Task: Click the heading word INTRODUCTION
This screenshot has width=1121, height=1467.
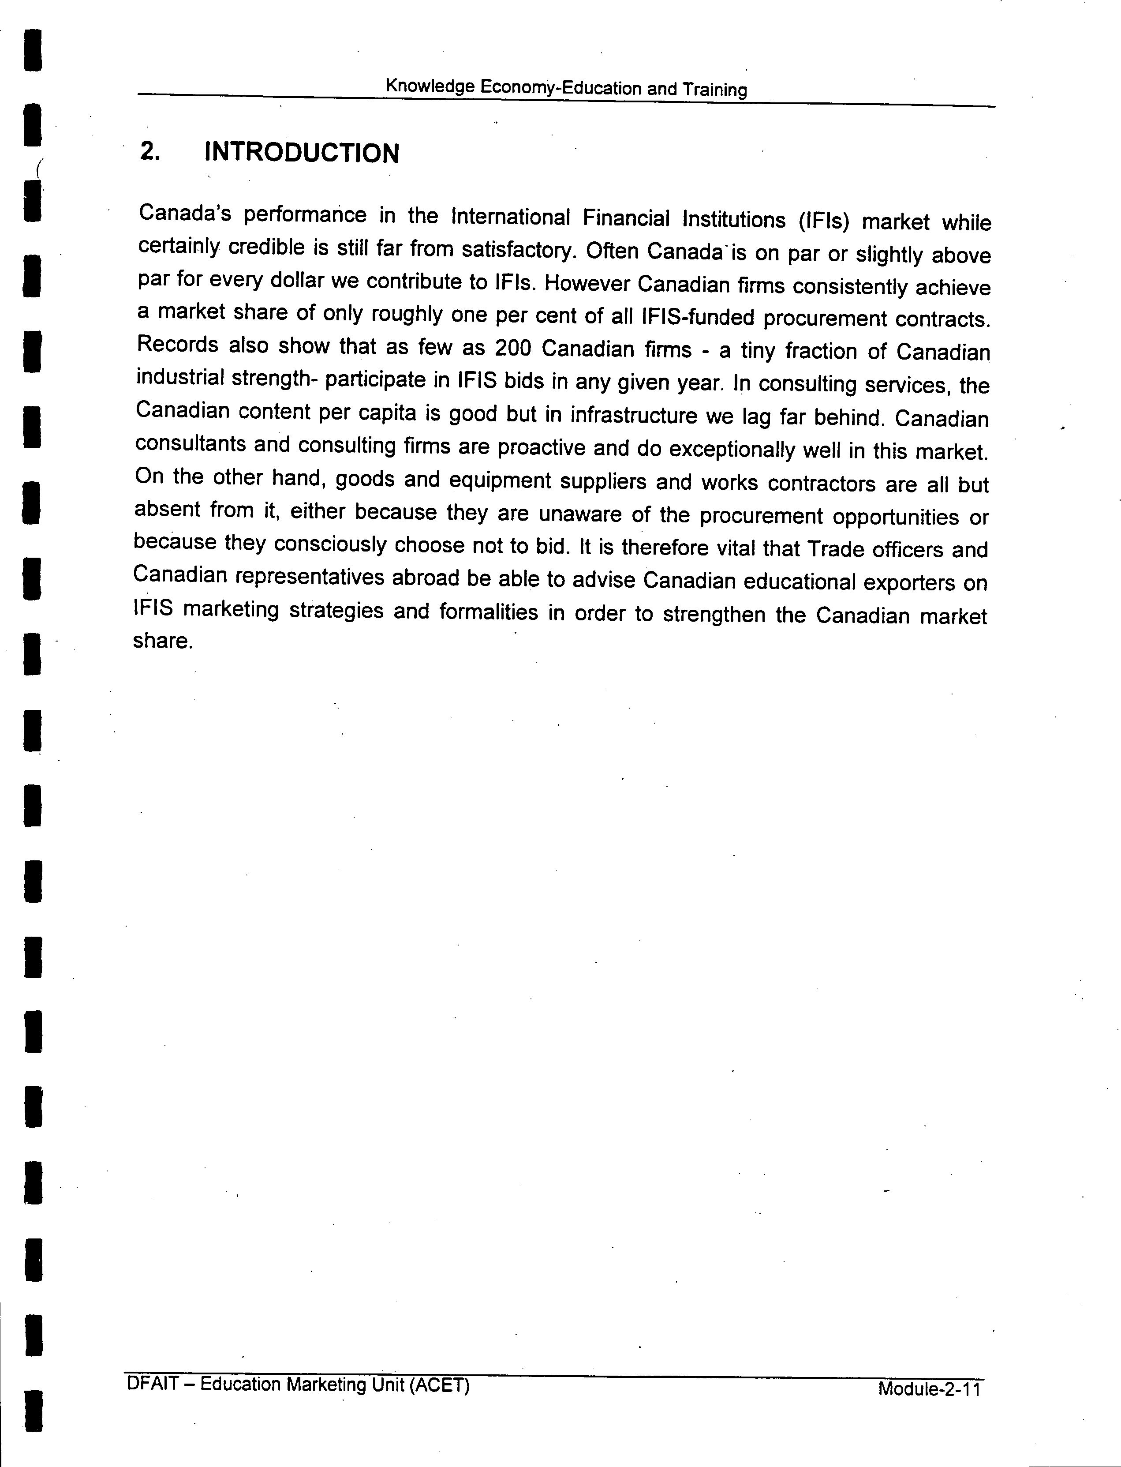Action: click(302, 153)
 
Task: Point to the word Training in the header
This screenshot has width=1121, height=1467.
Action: click(715, 90)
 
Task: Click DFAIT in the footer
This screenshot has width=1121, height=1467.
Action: click(153, 1382)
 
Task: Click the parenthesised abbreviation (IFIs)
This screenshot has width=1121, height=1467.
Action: click(822, 220)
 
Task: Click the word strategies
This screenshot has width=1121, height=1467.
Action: click(336, 610)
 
